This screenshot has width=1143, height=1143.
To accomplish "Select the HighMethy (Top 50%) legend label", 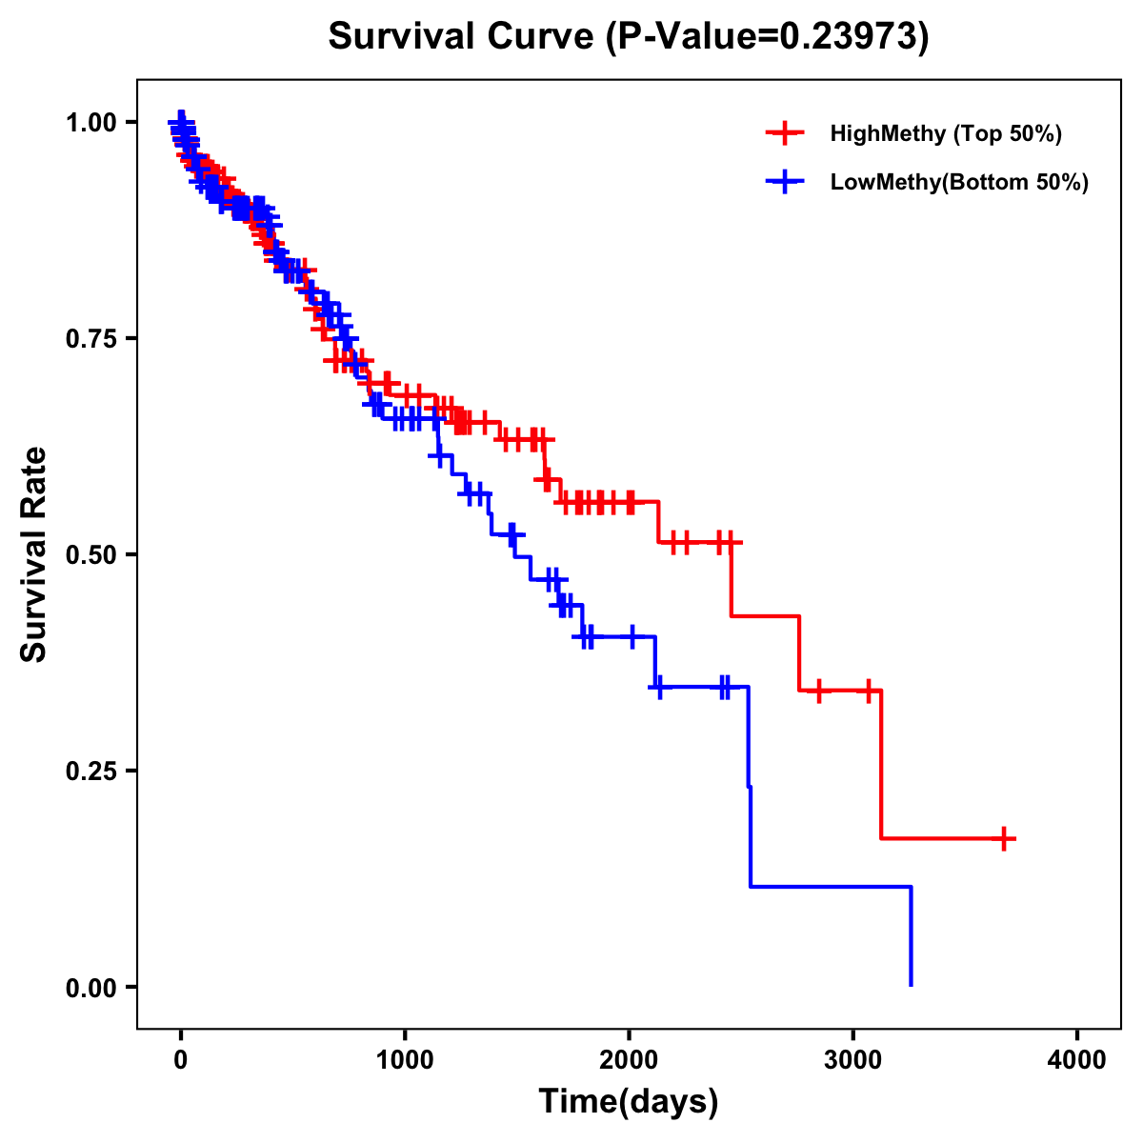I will (946, 133).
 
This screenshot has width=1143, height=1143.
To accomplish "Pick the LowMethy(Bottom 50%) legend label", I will (959, 183).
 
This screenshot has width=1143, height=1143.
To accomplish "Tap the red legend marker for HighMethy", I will (785, 133).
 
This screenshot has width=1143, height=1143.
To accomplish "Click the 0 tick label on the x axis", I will (180, 1060).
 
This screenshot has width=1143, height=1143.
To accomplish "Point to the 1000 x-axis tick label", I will (405, 1060).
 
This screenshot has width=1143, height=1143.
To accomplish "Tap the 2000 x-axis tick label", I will (629, 1060).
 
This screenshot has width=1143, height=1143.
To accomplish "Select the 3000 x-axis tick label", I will (853, 1060).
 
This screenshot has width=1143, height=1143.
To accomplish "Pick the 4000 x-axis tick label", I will (1077, 1060).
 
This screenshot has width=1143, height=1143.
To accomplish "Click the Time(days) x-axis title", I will (629, 1102).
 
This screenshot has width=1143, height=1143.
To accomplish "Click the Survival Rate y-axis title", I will (34, 553).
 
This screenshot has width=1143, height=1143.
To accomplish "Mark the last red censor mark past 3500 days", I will (1004, 838).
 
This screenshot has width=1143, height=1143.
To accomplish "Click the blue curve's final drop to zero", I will (912, 938).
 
